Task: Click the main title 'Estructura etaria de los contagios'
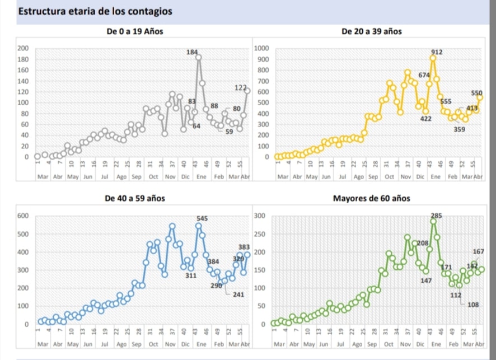95,12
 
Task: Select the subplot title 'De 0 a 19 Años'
134,31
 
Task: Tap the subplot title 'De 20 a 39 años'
371,31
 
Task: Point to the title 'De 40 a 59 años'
134,199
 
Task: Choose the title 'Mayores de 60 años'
371,199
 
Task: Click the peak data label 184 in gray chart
192,52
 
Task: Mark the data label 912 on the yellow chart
437,52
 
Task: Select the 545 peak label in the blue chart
202,218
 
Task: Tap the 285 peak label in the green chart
437,216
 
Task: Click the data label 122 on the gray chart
240,87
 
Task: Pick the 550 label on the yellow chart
476,93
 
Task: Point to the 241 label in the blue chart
239,294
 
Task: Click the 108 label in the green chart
474,305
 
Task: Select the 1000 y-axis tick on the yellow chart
261,48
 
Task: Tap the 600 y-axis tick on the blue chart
23,216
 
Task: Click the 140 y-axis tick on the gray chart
23,81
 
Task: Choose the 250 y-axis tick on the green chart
259,234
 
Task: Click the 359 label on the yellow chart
460,129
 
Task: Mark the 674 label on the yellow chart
424,75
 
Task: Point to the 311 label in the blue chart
191,276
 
